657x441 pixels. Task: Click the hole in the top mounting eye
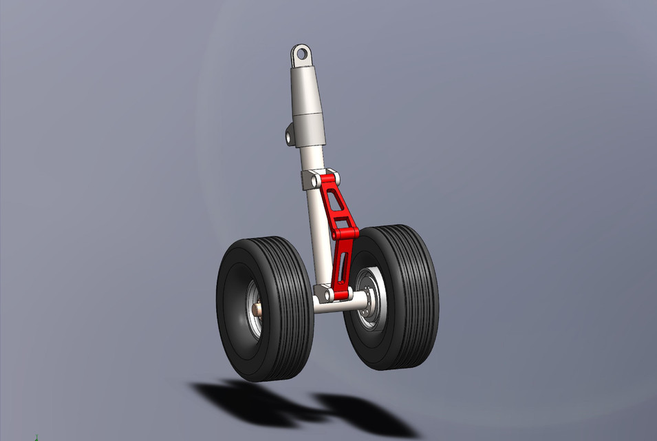pos(301,53)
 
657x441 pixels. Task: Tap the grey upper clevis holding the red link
pos(308,181)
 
